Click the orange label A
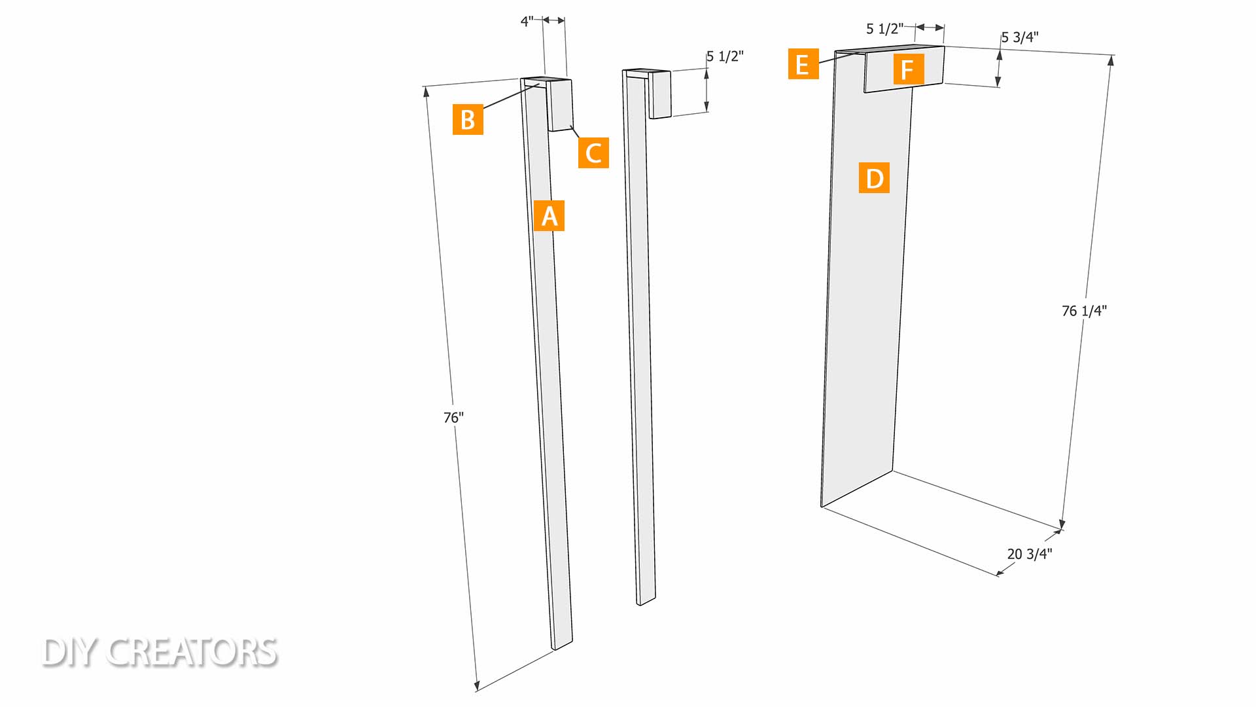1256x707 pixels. coord(549,215)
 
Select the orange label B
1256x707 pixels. coord(468,120)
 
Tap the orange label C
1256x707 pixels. coord(593,153)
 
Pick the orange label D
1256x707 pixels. coord(874,178)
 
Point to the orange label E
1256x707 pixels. coord(803,64)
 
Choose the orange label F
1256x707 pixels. coord(909,69)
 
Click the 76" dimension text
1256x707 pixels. coord(453,417)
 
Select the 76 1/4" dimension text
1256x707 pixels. coord(1084,310)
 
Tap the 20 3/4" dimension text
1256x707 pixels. coord(1030,554)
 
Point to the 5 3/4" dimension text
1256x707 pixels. coord(1020,37)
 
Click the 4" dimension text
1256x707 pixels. coord(527,22)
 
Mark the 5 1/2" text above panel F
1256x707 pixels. coord(884,29)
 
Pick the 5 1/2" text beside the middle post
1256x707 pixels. coord(725,56)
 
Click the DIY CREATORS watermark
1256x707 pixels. coord(160,652)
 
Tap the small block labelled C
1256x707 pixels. coord(560,105)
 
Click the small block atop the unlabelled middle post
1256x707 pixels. coord(660,94)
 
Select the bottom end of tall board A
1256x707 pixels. coord(563,645)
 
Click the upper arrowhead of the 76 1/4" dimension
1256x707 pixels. coord(1111,61)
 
